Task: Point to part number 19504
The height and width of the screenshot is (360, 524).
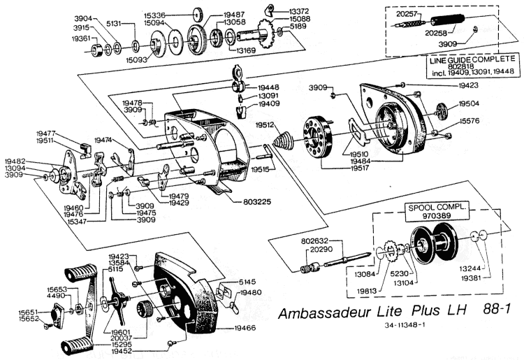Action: pos(470,102)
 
